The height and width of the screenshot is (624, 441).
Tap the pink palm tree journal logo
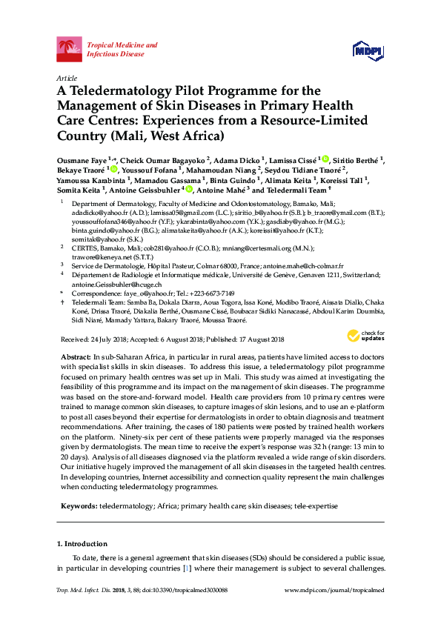(x=70, y=50)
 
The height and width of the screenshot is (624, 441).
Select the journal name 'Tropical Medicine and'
(x=122, y=45)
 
